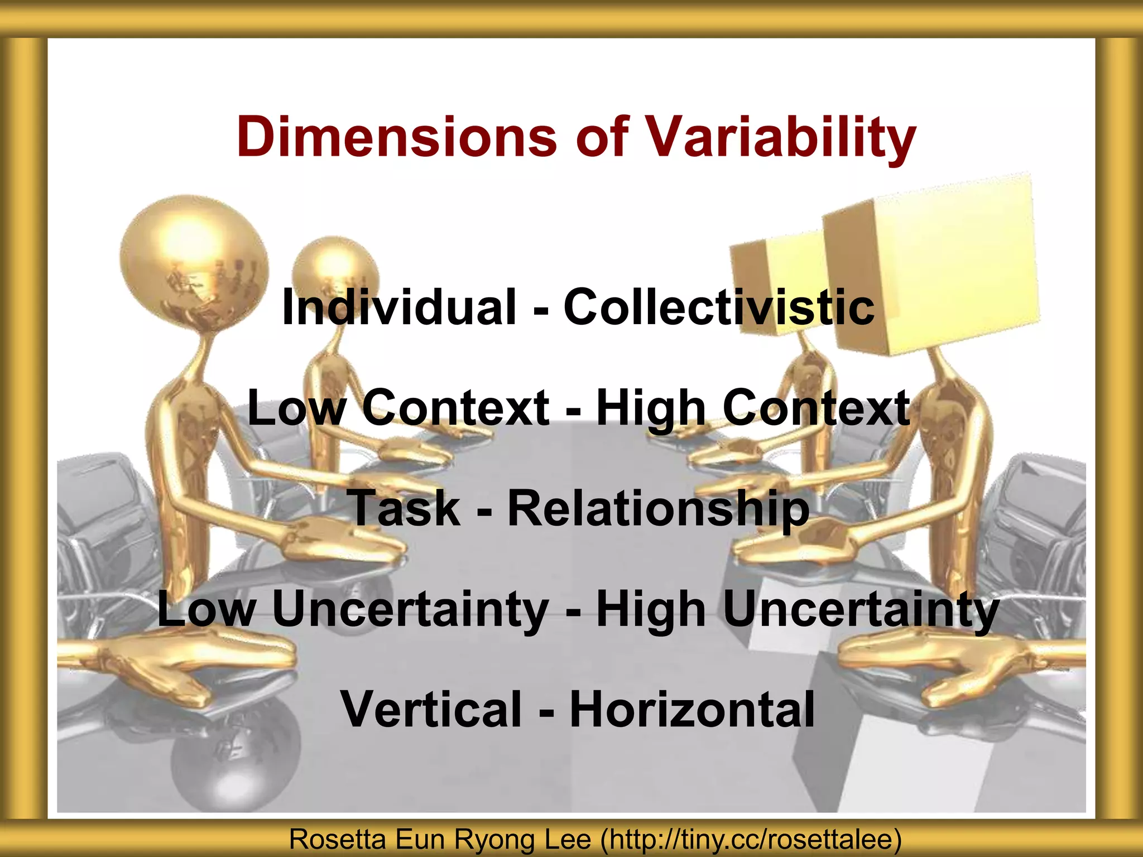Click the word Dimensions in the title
(x=396, y=137)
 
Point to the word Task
(x=404, y=508)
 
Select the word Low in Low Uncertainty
(x=206, y=609)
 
